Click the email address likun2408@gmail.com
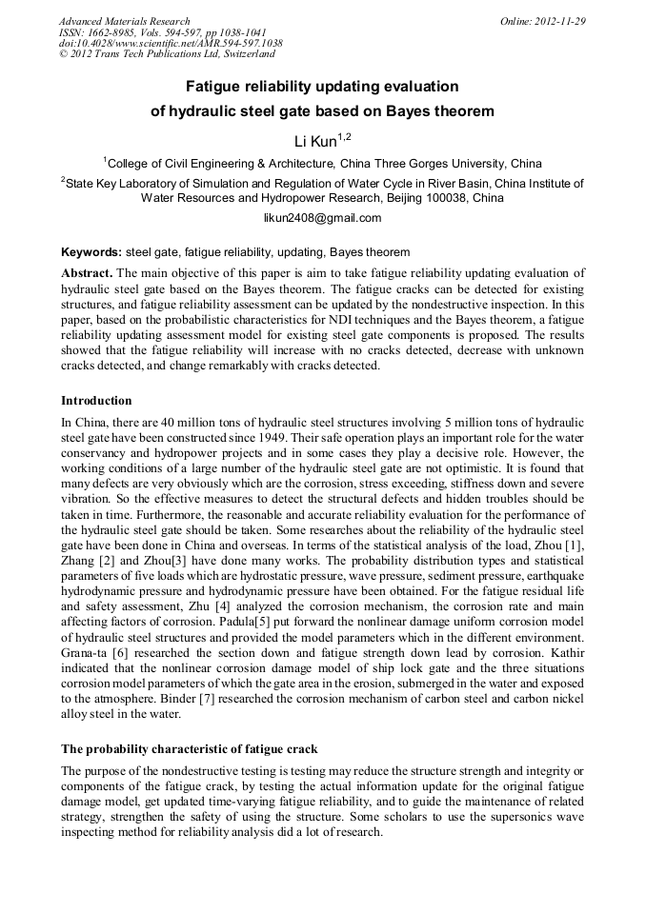click(x=322, y=218)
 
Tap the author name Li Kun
click(x=315, y=142)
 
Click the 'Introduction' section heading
click(x=96, y=400)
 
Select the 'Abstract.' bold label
click(x=87, y=272)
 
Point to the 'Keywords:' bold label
click(x=91, y=252)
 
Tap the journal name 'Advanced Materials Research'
click(x=124, y=21)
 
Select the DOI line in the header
click(x=171, y=44)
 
